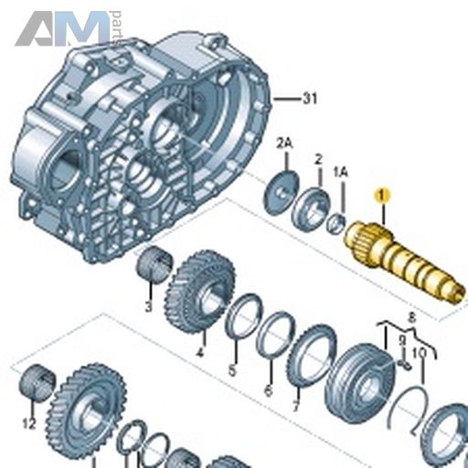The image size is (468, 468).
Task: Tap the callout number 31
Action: pos(310,99)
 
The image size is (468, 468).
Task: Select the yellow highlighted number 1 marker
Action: pos(382,196)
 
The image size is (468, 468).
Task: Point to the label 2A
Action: pos(284,144)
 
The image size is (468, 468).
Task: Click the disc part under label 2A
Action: pos(281,192)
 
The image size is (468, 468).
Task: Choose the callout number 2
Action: pos(319,159)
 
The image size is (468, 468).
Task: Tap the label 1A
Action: pos(341,173)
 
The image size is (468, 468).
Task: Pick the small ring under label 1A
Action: pos(335,224)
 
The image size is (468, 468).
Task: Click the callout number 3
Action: pos(148,306)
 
